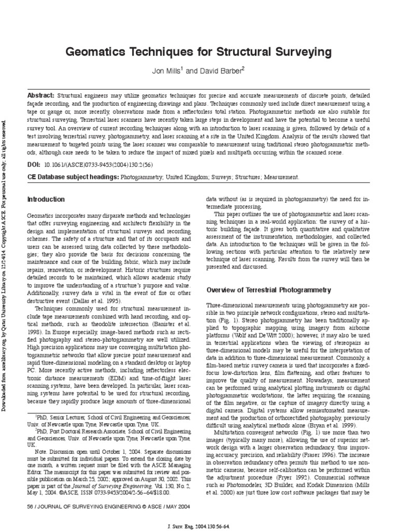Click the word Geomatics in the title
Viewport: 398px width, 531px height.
95,52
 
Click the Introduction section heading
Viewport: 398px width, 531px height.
46,199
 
